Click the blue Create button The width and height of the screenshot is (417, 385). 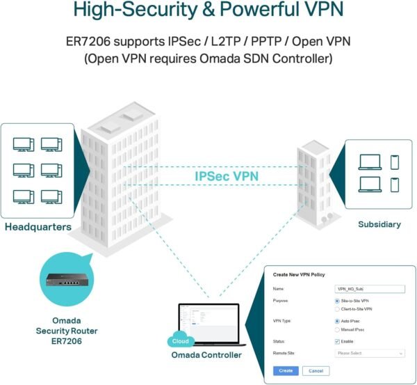pos(286,371)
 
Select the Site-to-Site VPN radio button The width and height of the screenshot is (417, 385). pos(338,301)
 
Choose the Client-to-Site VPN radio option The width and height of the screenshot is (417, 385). pos(338,308)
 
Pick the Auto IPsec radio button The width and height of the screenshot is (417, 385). pos(338,321)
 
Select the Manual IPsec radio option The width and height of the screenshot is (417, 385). pos(338,329)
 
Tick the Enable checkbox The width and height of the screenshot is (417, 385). pos(338,341)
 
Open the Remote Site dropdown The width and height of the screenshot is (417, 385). pos(370,354)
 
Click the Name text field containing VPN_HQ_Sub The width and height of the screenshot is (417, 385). pos(370,288)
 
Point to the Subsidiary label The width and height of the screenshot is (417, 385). pos(379,224)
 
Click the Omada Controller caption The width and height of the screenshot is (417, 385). pos(206,356)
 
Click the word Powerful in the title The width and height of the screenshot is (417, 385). pos(245,11)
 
